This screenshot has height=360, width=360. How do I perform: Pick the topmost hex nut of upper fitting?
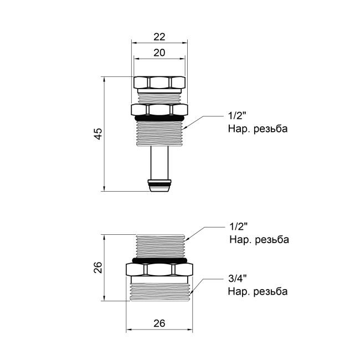[x=160, y=83]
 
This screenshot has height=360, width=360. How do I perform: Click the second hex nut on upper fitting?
[x=160, y=109]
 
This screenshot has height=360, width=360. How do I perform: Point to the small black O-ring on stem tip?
[x=160, y=182]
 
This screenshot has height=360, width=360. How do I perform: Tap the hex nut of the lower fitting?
[x=160, y=270]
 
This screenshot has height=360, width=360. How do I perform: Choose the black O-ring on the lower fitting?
[x=160, y=259]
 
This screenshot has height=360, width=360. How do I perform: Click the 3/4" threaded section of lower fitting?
[x=160, y=290]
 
